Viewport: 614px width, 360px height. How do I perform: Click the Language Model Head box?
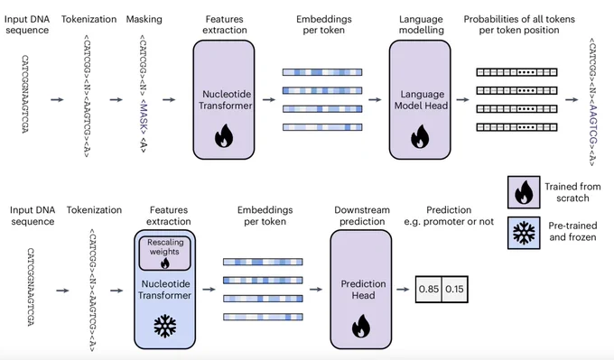(x=420, y=100)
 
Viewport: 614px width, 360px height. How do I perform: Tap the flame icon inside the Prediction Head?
(x=361, y=326)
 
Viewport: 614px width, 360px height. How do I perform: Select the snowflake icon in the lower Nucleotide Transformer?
(x=165, y=326)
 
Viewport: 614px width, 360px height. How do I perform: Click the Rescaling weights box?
(x=165, y=254)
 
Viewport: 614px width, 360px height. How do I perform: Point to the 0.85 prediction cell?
(x=428, y=290)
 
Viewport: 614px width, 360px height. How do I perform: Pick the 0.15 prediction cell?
(x=454, y=290)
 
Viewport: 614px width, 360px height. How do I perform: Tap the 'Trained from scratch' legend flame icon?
(x=524, y=192)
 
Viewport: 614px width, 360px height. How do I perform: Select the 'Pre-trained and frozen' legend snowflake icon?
(x=524, y=233)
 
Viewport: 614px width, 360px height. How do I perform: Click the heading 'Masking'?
(x=144, y=19)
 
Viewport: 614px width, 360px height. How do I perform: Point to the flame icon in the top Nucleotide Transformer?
(x=224, y=135)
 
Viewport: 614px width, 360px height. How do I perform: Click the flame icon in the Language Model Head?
(x=420, y=136)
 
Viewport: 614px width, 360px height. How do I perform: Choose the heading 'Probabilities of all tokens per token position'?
(x=519, y=24)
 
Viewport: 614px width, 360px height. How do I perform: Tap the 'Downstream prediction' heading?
(x=362, y=216)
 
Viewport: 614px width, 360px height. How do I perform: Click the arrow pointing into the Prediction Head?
(x=316, y=290)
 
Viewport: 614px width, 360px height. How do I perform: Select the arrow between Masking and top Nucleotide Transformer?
(x=169, y=100)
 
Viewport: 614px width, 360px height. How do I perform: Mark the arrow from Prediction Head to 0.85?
(x=403, y=290)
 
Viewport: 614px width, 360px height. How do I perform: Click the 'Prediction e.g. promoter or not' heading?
(x=449, y=216)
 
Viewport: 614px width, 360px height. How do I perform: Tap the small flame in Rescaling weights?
(x=165, y=263)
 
